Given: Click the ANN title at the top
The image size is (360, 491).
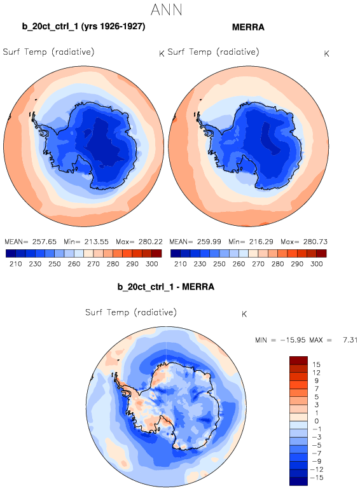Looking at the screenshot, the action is (x=166, y=10).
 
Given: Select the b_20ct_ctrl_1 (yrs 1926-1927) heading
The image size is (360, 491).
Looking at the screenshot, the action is (x=83, y=27).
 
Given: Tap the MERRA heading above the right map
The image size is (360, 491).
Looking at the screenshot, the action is (x=248, y=27).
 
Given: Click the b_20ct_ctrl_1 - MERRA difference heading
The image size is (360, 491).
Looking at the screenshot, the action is (x=166, y=287).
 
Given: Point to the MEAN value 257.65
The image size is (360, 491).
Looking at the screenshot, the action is (x=45, y=242).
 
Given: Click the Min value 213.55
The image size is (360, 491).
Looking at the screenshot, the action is (x=97, y=242).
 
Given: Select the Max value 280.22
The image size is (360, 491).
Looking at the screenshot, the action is (x=151, y=242).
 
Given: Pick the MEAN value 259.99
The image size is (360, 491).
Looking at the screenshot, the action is (x=209, y=242).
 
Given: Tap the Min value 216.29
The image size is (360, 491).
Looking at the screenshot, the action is (x=261, y=242).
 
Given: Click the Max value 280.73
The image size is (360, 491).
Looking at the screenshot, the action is (x=315, y=242).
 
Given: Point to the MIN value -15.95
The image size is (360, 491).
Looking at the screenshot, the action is (x=293, y=340).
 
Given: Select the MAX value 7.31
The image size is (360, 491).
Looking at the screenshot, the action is (x=350, y=340).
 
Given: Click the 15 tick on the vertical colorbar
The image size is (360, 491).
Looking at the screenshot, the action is (x=316, y=364).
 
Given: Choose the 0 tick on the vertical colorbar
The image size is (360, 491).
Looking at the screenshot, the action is (x=317, y=421).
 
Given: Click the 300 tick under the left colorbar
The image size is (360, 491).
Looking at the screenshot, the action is (x=152, y=264).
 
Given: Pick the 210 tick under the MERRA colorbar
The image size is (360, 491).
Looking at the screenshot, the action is (x=180, y=264).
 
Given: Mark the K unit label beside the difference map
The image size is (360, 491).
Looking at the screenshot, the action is (x=244, y=314).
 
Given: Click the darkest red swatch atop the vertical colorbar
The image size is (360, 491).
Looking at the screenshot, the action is (x=299, y=361).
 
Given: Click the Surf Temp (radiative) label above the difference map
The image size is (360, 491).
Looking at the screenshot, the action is (x=131, y=312).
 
